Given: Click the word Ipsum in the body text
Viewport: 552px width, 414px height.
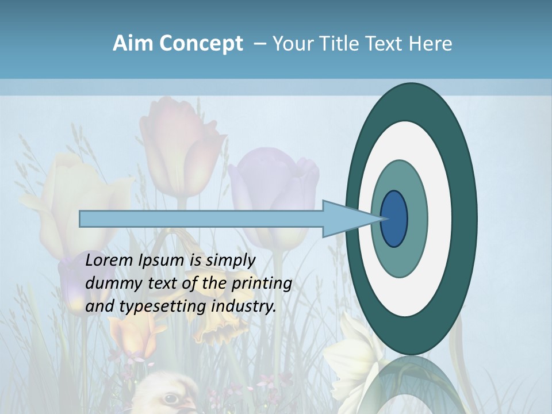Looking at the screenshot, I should [x=162, y=261].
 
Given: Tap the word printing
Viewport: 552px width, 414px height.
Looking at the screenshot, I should [x=261, y=284].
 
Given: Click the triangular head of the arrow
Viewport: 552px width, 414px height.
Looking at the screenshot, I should [x=345, y=218].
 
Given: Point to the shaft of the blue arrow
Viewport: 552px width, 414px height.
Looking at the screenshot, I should [x=201, y=218].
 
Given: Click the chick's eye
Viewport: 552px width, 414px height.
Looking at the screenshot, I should [x=170, y=398].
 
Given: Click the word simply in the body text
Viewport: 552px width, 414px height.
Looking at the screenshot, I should [x=231, y=260].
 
